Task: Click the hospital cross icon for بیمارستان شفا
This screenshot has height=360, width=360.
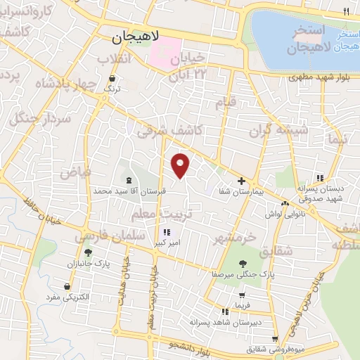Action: coord(241,181)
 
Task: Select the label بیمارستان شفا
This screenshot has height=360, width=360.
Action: coord(240,191)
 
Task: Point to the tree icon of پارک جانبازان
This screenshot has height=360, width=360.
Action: coord(88,252)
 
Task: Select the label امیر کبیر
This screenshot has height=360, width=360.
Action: coord(167,243)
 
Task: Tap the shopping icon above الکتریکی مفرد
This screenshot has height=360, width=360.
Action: coord(67,287)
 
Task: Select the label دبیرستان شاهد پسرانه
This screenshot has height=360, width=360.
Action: coord(224,321)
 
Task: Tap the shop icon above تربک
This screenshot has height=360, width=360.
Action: coord(113,78)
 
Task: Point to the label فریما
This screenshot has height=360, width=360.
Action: coord(243,304)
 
